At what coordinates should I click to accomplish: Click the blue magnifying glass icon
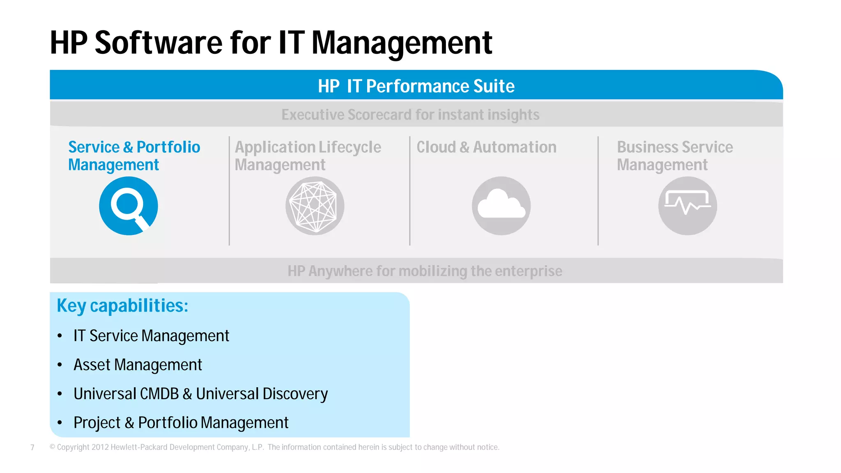point(128,206)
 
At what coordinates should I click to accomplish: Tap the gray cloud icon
point(501,206)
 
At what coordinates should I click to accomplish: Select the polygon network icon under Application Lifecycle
point(315,206)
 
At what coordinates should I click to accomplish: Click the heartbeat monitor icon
point(687,206)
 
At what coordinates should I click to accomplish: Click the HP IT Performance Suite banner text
point(416,86)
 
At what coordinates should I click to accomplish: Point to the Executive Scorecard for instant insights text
point(410,115)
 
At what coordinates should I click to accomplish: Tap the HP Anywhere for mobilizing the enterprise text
point(425,271)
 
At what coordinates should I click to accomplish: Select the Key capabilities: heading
point(122,306)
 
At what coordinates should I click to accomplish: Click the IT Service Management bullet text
point(151,336)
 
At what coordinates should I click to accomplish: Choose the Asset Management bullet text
point(138,365)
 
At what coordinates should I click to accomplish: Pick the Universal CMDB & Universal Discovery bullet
point(200,394)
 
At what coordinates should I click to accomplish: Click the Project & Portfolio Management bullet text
point(181,422)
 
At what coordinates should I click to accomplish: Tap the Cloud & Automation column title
point(486,147)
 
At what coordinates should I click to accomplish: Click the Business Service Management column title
point(675,156)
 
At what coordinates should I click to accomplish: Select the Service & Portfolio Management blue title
point(134,156)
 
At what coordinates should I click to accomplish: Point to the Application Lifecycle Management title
point(308,156)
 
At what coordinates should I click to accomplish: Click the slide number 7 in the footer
point(32,448)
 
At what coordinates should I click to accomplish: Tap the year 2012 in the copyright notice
point(100,447)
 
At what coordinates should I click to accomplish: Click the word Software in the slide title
point(159,43)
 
